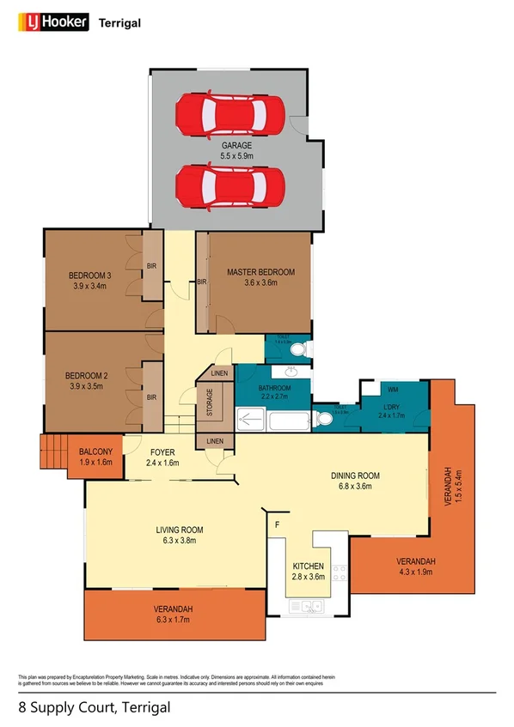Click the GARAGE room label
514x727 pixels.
point(236,146)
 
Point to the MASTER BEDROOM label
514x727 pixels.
point(260,272)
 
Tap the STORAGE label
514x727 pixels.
point(209,403)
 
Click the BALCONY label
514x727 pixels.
point(95,451)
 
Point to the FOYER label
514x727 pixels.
point(162,451)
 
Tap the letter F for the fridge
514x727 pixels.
point(277,523)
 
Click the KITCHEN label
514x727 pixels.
point(308,567)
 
